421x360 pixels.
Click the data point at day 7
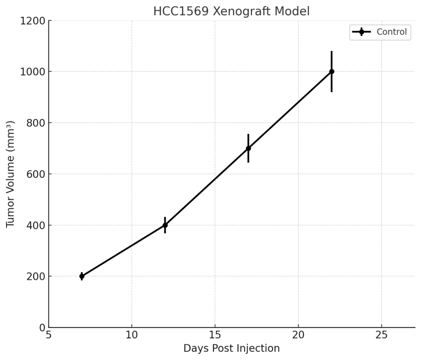[x=82, y=276]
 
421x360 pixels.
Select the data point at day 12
[x=165, y=225]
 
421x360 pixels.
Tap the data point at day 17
[x=248, y=148]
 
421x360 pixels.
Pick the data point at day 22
[x=332, y=72]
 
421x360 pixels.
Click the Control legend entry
[x=391, y=32]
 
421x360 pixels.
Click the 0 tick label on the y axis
[x=42, y=328]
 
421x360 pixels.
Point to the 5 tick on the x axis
[x=49, y=335]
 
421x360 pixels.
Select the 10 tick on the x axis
[x=132, y=335]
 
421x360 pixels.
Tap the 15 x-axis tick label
[x=215, y=335]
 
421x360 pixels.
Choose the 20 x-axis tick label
[x=298, y=335]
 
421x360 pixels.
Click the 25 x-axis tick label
[x=382, y=335]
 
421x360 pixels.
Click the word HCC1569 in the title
[x=181, y=12]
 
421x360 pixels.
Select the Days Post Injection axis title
[x=231, y=348]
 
